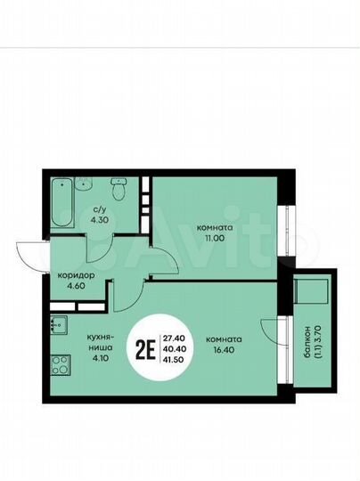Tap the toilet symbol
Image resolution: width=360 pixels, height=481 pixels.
pos(116,191)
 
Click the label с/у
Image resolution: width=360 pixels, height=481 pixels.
pos(100,210)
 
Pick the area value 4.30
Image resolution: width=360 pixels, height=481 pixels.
pos(101,220)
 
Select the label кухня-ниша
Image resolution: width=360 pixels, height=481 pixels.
pos(99,345)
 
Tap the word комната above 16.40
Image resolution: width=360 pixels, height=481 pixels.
pos(222,339)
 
